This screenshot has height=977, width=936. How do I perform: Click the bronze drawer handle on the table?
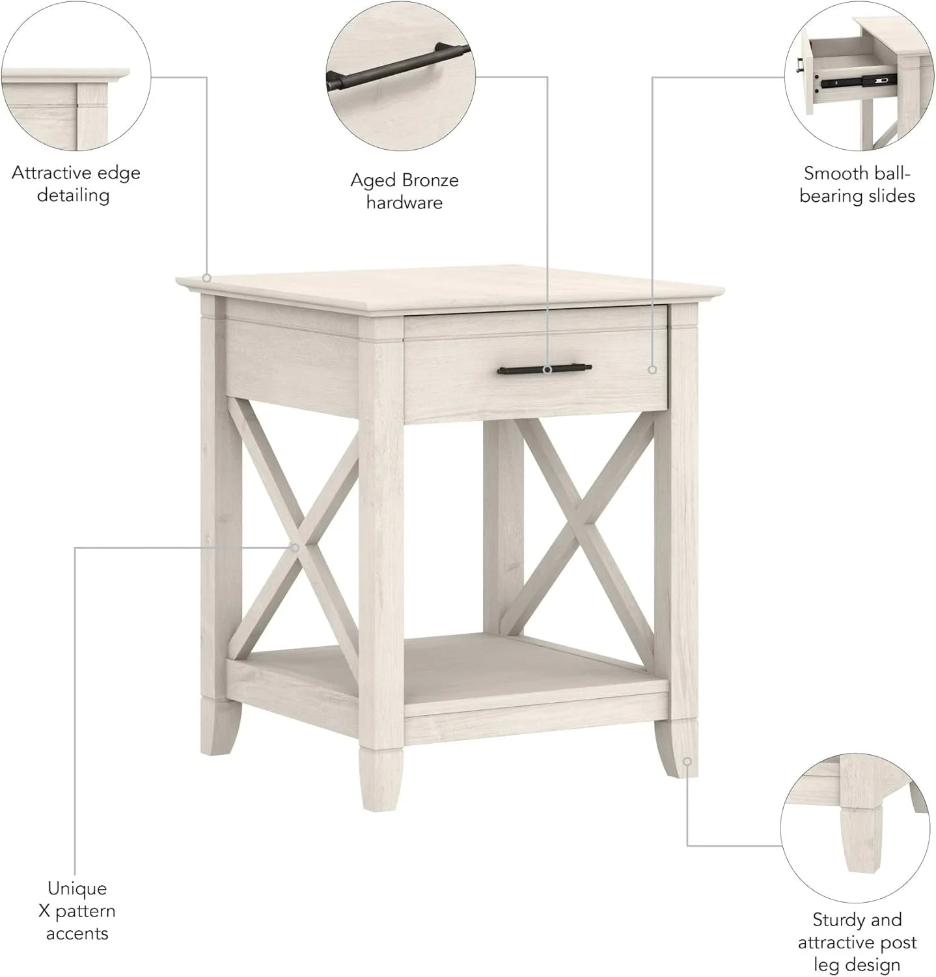coord(544,370)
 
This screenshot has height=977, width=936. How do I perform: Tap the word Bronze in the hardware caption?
coord(430,180)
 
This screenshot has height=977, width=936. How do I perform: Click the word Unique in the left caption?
coord(77,888)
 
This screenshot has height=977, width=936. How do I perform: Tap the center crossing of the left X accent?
coord(294,547)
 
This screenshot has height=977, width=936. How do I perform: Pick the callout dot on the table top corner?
coord(206,278)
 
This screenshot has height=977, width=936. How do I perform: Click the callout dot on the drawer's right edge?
coord(652,369)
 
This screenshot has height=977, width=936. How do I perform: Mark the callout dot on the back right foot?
coord(687,761)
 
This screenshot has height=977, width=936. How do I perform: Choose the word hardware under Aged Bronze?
coord(404,203)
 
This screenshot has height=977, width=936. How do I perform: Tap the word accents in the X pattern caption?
coord(77,933)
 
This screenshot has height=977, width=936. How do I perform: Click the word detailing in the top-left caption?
coord(73,195)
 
